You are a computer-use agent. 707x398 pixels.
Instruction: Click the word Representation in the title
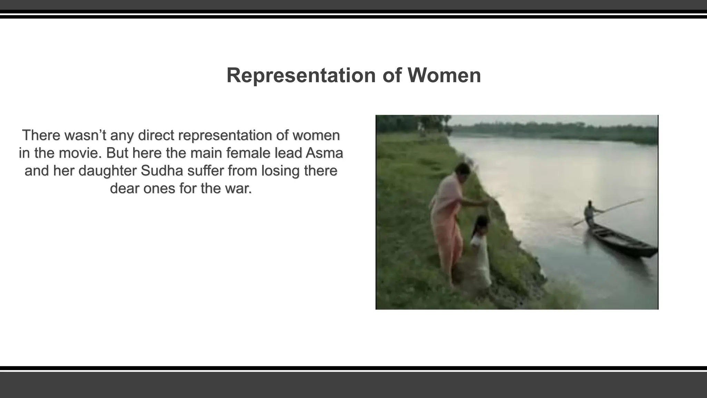[x=301, y=75]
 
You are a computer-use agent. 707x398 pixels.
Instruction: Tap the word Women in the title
[x=444, y=75]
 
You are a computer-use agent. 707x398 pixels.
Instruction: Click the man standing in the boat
[x=590, y=213]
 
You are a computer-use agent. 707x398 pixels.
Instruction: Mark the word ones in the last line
[x=158, y=189]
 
